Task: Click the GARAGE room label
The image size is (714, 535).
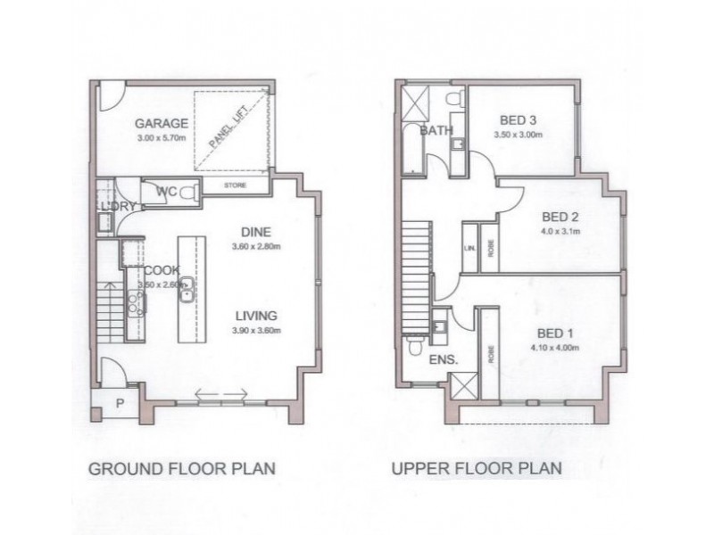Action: click(162, 124)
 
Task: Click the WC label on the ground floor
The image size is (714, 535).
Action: click(167, 191)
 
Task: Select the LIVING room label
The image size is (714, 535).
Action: click(257, 315)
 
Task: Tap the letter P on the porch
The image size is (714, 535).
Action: click(118, 403)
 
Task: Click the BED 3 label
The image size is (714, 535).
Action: click(518, 121)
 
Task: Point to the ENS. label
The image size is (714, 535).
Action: click(444, 360)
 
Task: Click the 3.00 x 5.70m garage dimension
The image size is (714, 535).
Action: click(161, 139)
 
